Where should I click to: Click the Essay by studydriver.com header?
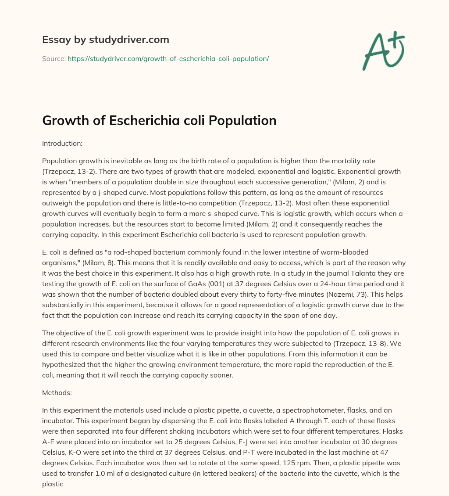coord(106,40)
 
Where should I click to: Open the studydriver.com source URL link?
coord(168,58)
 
